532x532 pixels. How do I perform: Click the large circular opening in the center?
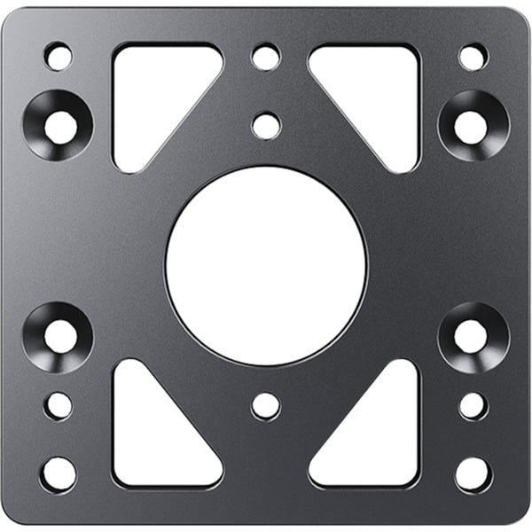click(266, 265)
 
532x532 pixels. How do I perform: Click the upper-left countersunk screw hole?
click(59, 126)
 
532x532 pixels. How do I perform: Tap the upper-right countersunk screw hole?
click(472, 126)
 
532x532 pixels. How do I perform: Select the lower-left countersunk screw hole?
click(59, 336)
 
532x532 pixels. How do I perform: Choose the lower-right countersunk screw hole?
click(472, 336)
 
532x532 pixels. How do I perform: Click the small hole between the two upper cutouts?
click(266, 58)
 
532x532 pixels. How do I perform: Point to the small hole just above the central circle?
click(266, 125)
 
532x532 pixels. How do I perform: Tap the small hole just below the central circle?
click(266, 405)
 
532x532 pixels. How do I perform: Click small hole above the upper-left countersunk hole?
click(59, 58)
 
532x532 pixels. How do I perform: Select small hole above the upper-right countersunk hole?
click(473, 58)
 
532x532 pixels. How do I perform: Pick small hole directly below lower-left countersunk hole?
click(59, 405)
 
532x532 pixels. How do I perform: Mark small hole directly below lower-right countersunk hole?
click(473, 405)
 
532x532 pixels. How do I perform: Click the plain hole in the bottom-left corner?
click(59, 473)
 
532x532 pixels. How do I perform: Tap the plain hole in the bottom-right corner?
click(473, 473)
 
